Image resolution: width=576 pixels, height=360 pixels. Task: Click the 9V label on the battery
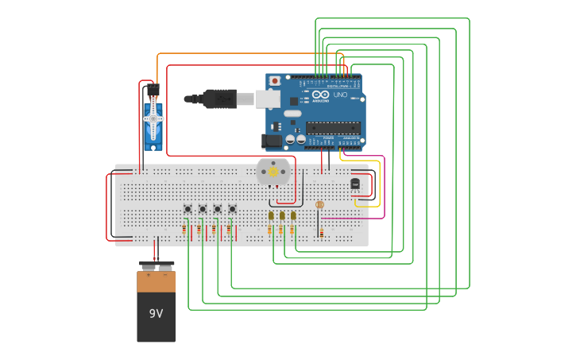[156, 313]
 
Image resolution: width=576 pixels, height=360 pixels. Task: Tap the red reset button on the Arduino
[275, 80]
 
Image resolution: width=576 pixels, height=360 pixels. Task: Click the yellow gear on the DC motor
[273, 171]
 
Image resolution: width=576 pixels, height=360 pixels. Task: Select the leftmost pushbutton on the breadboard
[187, 209]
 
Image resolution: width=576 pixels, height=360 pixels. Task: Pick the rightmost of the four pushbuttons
[233, 209]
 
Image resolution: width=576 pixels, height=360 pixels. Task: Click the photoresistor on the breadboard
[319, 205]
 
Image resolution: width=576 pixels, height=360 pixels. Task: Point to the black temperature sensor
[355, 184]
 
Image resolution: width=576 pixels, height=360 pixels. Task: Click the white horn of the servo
[153, 119]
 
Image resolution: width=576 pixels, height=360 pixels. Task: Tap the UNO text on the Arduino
[340, 95]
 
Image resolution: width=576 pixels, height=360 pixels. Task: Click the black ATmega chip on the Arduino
[333, 127]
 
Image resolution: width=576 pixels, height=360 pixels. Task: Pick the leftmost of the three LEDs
[271, 215]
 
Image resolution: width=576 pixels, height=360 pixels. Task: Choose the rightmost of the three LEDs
[293, 215]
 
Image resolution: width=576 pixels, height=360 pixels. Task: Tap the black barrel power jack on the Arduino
[272, 141]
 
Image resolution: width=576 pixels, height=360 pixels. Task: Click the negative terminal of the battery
[166, 266]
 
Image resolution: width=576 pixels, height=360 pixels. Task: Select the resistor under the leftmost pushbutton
[184, 230]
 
